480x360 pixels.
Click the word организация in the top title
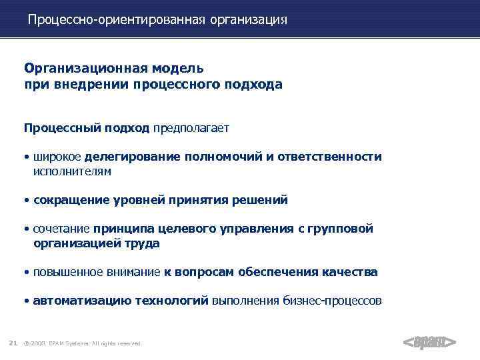[x=249, y=20]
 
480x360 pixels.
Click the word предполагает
[x=191, y=127]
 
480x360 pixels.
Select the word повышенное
[x=64, y=272]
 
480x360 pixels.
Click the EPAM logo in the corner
[x=430, y=342]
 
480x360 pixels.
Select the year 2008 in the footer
[x=37, y=343]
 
